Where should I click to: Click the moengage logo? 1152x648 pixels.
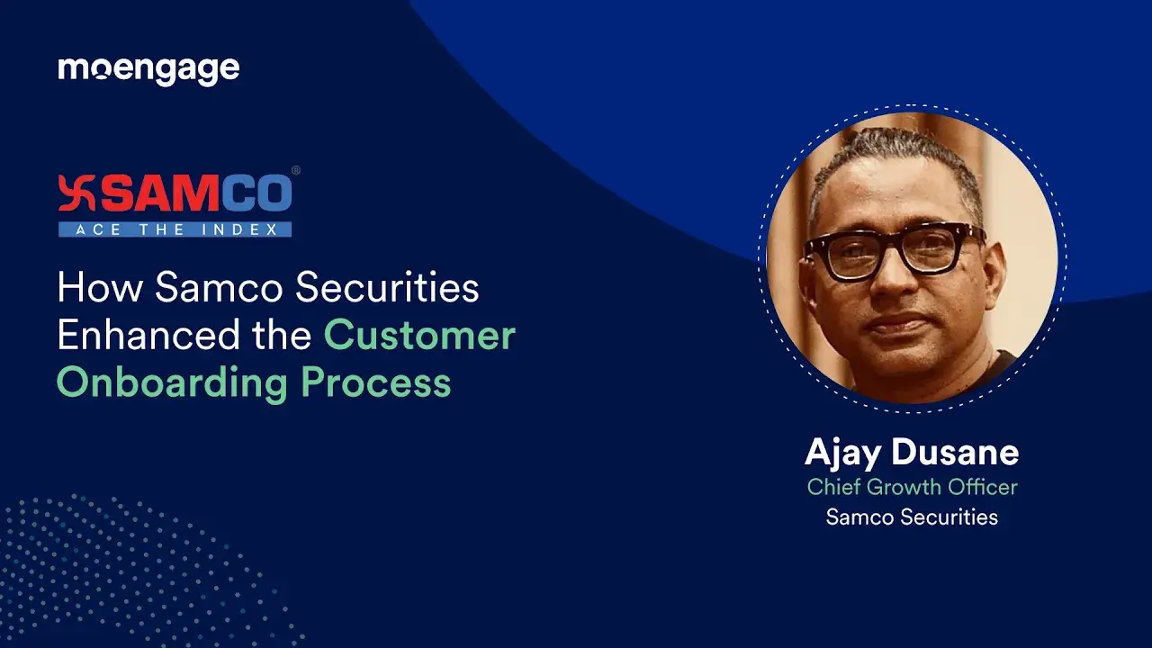pyautogui.click(x=148, y=69)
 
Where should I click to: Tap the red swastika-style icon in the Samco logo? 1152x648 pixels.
pyautogui.click(x=75, y=193)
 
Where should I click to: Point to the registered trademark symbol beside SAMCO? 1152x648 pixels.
pyautogui.click(x=296, y=170)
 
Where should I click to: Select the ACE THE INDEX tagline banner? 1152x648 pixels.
pyautogui.click(x=175, y=229)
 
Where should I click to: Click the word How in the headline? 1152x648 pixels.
pyautogui.click(x=99, y=288)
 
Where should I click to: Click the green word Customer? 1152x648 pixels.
pyautogui.click(x=419, y=336)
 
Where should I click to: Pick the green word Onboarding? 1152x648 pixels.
pyautogui.click(x=172, y=382)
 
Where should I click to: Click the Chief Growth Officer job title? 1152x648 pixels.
pyautogui.click(x=912, y=487)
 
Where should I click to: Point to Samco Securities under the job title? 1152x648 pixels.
pyautogui.click(x=912, y=517)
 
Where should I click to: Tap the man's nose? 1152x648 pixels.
pyautogui.click(x=886, y=279)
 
